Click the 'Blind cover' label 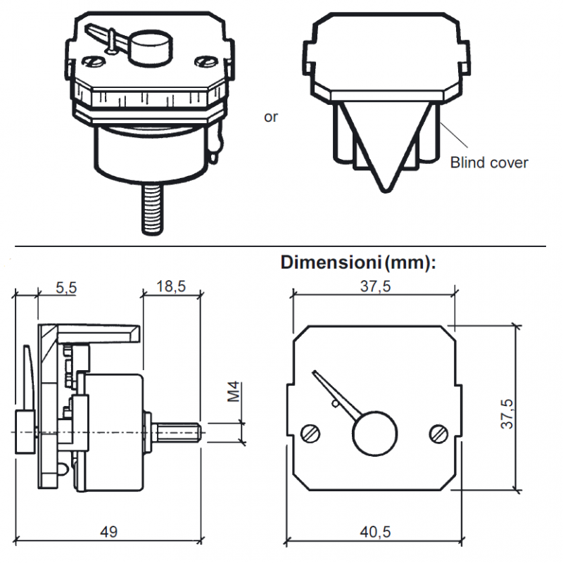488,163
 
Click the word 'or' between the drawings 271,117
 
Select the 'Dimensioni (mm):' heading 359,262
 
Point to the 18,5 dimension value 171,287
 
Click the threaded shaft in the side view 177,430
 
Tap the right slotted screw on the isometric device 206,61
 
